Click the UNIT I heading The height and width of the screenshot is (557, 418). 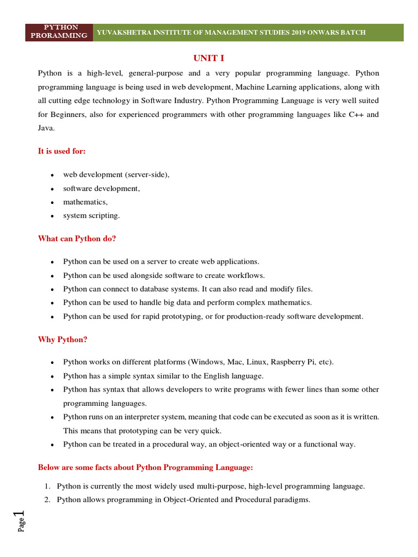click(209, 58)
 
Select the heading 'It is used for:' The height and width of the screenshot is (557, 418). click(62, 151)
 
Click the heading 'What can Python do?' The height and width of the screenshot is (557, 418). click(77, 238)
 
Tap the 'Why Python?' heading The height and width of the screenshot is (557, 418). click(63, 339)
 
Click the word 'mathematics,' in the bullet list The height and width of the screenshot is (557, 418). click(85, 202)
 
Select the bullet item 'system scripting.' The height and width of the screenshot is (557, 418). click(91, 215)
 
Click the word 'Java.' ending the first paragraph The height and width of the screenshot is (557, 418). click(46, 128)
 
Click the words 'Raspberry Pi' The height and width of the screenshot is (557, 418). click(292, 362)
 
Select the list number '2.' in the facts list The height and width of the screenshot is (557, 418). click(47, 499)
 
